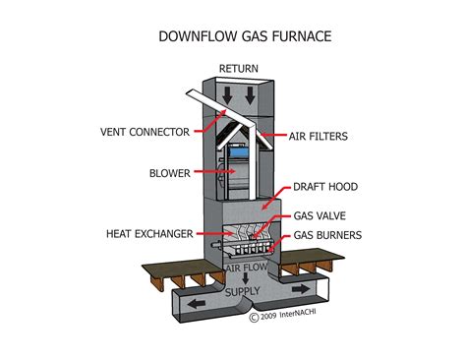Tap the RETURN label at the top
238,68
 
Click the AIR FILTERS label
319,135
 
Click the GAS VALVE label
320,215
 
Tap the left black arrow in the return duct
227,95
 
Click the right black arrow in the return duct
251,95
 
